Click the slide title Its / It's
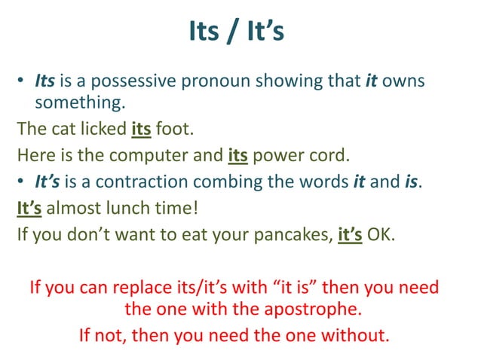[240, 33]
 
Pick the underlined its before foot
[142, 129]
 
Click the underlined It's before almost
[30, 208]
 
